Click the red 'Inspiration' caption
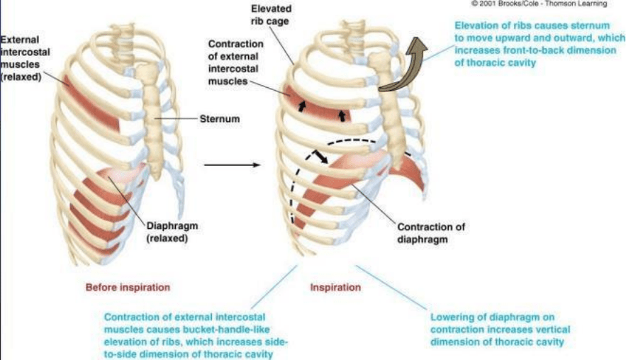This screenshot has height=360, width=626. tap(335, 288)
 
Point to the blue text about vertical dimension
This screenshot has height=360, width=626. tap(499, 330)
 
